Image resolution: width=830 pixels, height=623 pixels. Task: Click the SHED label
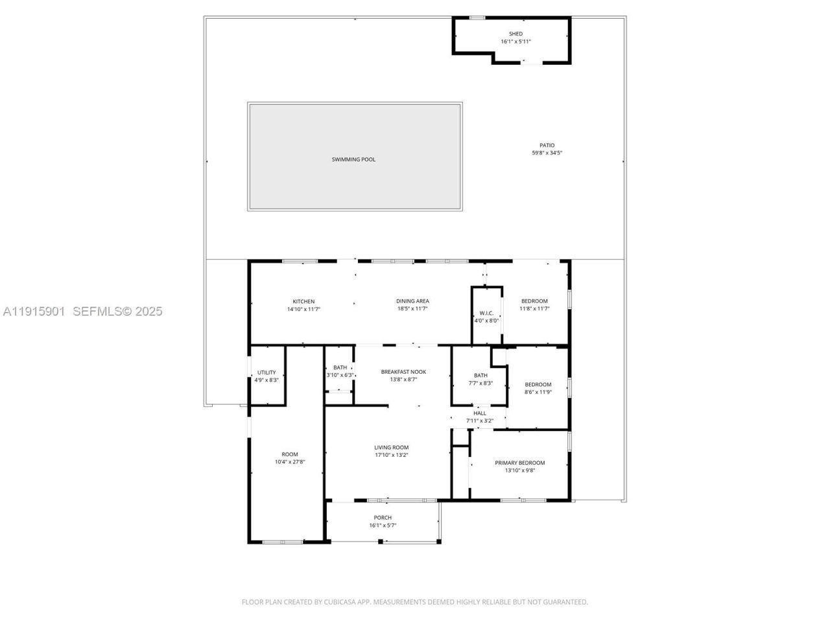pos(516,34)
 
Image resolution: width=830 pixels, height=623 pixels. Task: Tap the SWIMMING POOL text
pos(353,160)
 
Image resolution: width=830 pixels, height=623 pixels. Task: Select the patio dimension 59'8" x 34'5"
pos(547,153)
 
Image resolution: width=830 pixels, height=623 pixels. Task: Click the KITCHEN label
pos(303,302)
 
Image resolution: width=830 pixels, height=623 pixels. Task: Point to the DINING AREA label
pos(412,301)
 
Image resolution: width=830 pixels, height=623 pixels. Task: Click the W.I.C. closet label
pos(486,313)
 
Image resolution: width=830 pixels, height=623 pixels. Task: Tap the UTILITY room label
pos(267,373)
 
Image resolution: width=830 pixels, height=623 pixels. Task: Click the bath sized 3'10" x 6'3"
pos(340,371)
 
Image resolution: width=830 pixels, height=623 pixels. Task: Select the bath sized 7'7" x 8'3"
pos(480,379)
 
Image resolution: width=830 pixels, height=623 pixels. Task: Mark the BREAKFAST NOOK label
pos(403,372)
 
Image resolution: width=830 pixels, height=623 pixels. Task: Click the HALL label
pos(480,413)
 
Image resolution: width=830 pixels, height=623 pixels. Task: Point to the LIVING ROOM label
pos(391,447)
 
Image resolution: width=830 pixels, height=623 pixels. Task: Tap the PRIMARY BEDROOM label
pos(519,463)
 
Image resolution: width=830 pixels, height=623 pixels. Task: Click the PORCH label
pos(383,518)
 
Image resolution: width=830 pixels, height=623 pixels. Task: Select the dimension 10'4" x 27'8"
pos(290,462)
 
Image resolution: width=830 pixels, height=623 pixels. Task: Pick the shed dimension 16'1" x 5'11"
pos(516,42)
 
